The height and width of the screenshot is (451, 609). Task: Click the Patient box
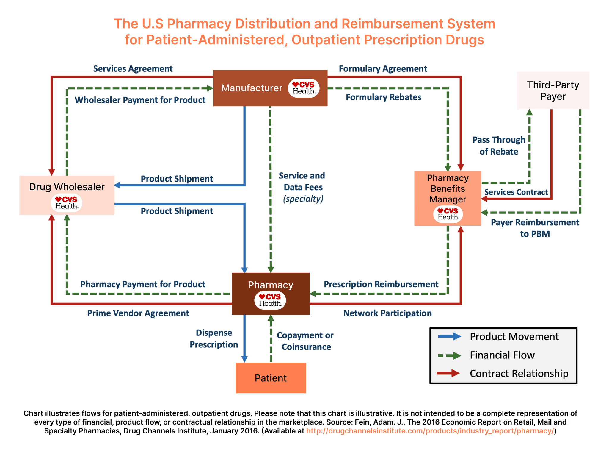pos(271,378)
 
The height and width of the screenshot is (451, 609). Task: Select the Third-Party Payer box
pos(553,90)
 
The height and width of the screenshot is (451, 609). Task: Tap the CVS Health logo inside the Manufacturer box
pos(304,88)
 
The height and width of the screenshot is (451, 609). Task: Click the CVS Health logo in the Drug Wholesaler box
pos(67,203)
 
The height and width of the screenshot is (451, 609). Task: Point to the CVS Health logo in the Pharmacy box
pos(270,300)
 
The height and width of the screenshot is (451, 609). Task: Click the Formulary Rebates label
pos(383,97)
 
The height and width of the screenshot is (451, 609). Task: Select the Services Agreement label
pos(133,69)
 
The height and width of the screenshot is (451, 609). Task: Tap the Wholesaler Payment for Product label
pos(140,100)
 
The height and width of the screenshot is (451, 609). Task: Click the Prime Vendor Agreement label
pos(138,313)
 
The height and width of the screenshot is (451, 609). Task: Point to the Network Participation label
pos(387,313)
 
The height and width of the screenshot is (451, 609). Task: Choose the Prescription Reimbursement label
pos(381,284)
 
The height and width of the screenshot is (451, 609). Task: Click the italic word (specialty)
pos(303,199)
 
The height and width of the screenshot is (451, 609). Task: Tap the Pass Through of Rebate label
pos(499,146)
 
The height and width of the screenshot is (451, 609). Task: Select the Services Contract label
pos(516,192)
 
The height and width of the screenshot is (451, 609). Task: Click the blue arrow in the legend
pos(449,337)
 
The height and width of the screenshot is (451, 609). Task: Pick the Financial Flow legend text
pos(502,355)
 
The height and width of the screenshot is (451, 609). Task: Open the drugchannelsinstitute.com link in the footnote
pos(430,431)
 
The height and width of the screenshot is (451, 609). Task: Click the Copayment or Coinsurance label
pos(305,341)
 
